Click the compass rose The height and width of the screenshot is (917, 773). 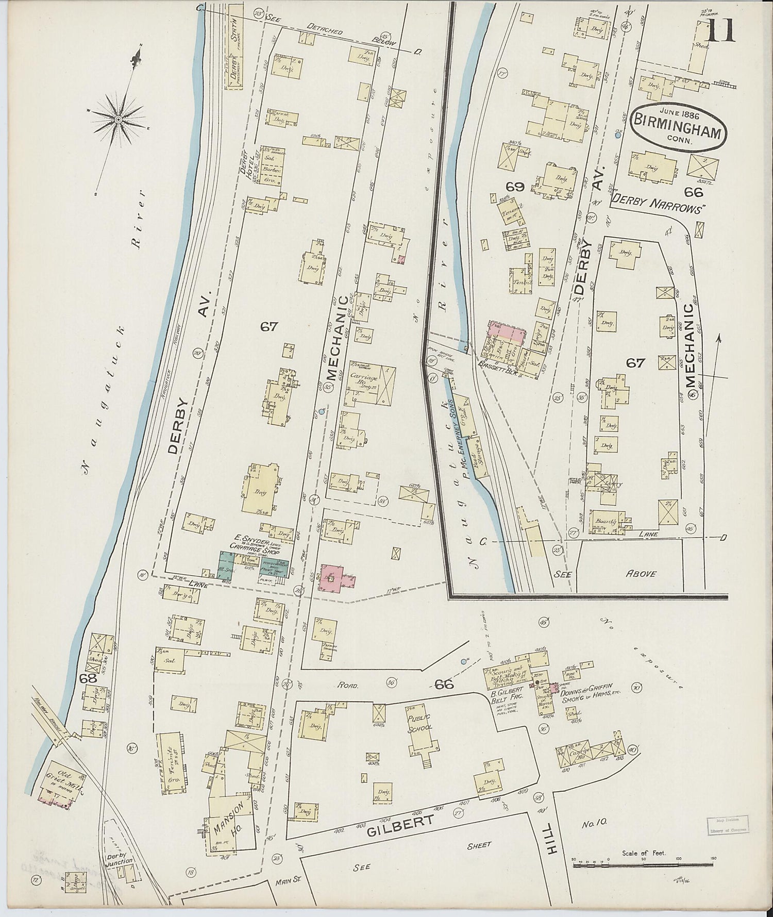click(x=118, y=119)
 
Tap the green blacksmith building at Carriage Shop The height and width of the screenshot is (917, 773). click(x=226, y=564)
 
